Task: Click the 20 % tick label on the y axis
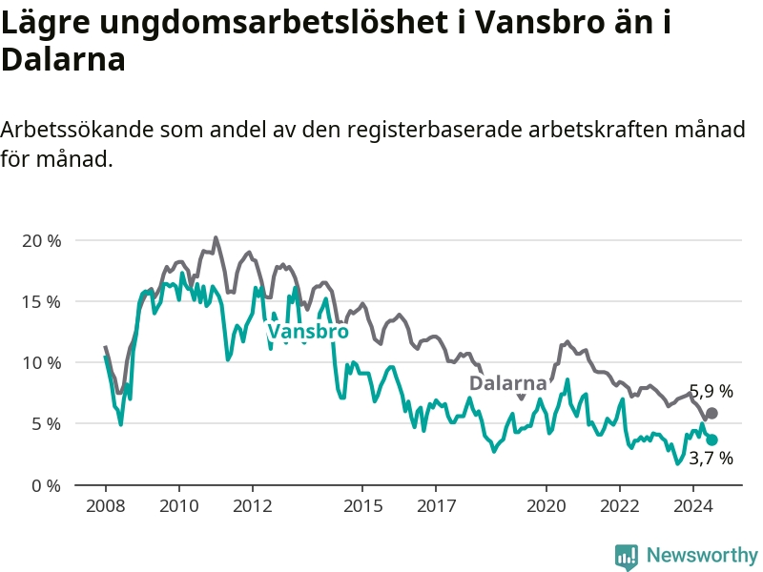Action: click(x=42, y=241)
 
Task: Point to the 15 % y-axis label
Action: click(x=42, y=302)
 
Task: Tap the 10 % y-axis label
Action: click(x=42, y=363)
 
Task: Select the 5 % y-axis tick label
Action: click(x=47, y=424)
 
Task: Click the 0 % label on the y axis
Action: click(x=47, y=485)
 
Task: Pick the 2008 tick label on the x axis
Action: click(x=106, y=506)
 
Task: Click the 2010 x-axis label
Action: click(x=179, y=506)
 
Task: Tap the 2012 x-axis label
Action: click(x=253, y=506)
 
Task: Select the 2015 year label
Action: click(x=363, y=506)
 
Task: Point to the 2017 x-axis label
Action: click(x=437, y=506)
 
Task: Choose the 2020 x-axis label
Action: click(x=546, y=506)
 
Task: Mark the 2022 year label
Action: click(x=620, y=506)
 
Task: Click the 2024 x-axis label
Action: click(x=693, y=506)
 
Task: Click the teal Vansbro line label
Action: click(x=308, y=332)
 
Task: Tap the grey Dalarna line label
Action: click(x=508, y=383)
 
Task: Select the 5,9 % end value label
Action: click(x=711, y=391)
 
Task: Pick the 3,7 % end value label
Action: click(x=711, y=459)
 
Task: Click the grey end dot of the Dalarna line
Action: click(x=711, y=414)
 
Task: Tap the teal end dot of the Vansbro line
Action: click(x=711, y=440)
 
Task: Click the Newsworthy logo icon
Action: click(x=627, y=556)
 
